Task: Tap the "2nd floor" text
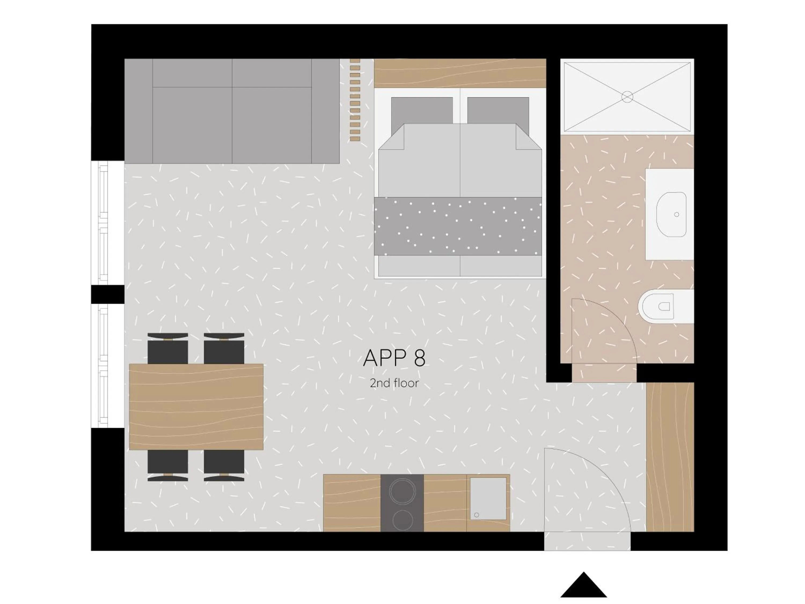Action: coord(394,383)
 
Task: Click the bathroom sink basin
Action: coord(671,214)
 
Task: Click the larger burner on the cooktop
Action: coord(402,491)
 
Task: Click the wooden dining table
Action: coord(196,407)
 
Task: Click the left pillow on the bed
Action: coord(422,110)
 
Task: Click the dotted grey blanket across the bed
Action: coord(458,226)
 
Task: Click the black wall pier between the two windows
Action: coord(108,294)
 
